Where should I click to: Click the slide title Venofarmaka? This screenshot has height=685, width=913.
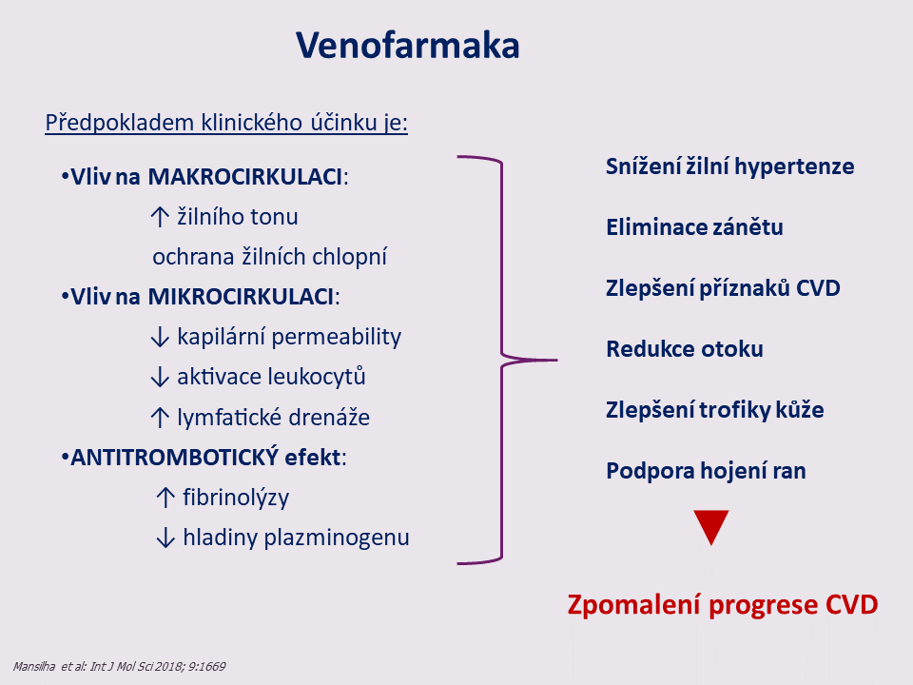tap(408, 46)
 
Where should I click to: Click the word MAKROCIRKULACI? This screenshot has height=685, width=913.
tap(245, 177)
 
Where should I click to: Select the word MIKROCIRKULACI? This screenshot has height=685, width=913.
tap(241, 297)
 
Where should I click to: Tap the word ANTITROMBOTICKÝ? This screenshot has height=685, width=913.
tap(175, 458)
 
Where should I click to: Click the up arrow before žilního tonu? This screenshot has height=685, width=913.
tap(160, 217)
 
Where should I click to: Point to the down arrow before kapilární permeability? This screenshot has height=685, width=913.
tap(160, 337)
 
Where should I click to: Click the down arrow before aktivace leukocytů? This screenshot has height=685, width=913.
tap(160, 377)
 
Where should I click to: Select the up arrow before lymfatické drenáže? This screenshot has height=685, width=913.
tap(160, 418)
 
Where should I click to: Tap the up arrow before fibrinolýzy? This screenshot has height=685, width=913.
tap(165, 498)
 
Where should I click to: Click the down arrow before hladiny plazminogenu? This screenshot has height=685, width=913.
tap(165, 538)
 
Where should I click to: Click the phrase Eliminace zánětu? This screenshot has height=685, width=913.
tap(694, 227)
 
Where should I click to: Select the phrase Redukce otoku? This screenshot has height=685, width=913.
tap(685, 349)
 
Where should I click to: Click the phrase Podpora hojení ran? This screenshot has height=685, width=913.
tap(707, 471)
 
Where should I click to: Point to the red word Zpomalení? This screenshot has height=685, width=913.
tap(634, 605)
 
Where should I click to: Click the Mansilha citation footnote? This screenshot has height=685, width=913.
tap(120, 666)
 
